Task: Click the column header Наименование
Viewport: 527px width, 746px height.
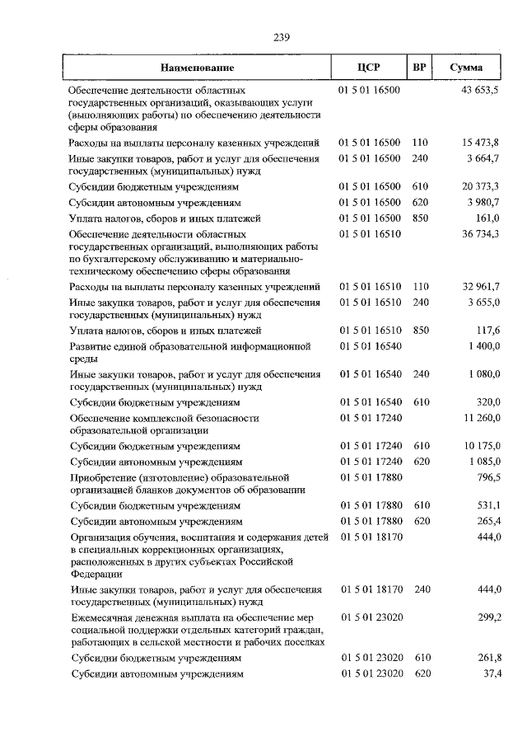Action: tap(197, 67)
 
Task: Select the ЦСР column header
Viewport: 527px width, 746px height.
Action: tap(369, 67)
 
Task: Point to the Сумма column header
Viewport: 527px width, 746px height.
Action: tap(466, 67)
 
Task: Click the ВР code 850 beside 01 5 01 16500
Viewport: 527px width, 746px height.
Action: tap(421, 218)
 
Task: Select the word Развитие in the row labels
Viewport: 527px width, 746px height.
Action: tap(92, 346)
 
